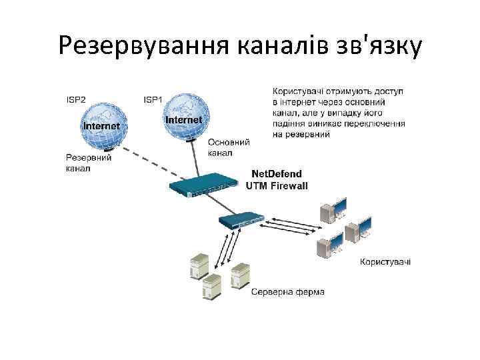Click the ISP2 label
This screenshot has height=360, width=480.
76,99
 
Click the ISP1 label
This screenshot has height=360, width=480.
153,99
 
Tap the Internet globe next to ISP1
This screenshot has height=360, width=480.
183,117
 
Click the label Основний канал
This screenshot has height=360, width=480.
229,147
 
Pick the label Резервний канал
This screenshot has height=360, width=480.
88,163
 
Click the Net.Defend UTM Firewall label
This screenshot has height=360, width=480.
277,181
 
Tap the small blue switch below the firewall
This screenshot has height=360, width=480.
240,221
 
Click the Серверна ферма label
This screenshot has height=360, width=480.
287,292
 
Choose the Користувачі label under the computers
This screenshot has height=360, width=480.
385,261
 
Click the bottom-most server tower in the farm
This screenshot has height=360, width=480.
212,287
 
